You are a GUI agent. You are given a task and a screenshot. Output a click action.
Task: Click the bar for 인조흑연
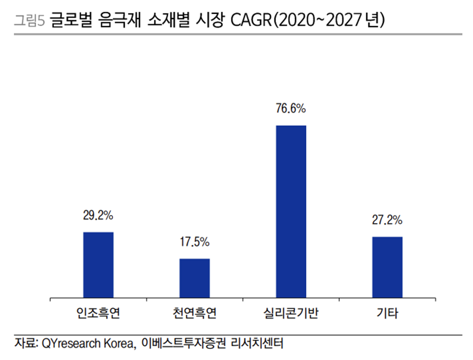coord(98,265)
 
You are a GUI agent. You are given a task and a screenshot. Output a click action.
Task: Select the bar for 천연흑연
coord(194,278)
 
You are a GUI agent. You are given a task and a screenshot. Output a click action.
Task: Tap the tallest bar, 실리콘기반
coord(291,212)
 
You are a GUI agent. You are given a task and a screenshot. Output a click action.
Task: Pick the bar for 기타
coord(387,268)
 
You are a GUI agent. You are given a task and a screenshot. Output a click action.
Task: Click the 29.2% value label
coord(98,216)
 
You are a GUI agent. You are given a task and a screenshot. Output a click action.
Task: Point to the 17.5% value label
coord(194,242)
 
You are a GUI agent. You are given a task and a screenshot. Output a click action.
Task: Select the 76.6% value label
coord(291,109)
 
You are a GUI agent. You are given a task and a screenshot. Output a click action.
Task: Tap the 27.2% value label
coord(387,219)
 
